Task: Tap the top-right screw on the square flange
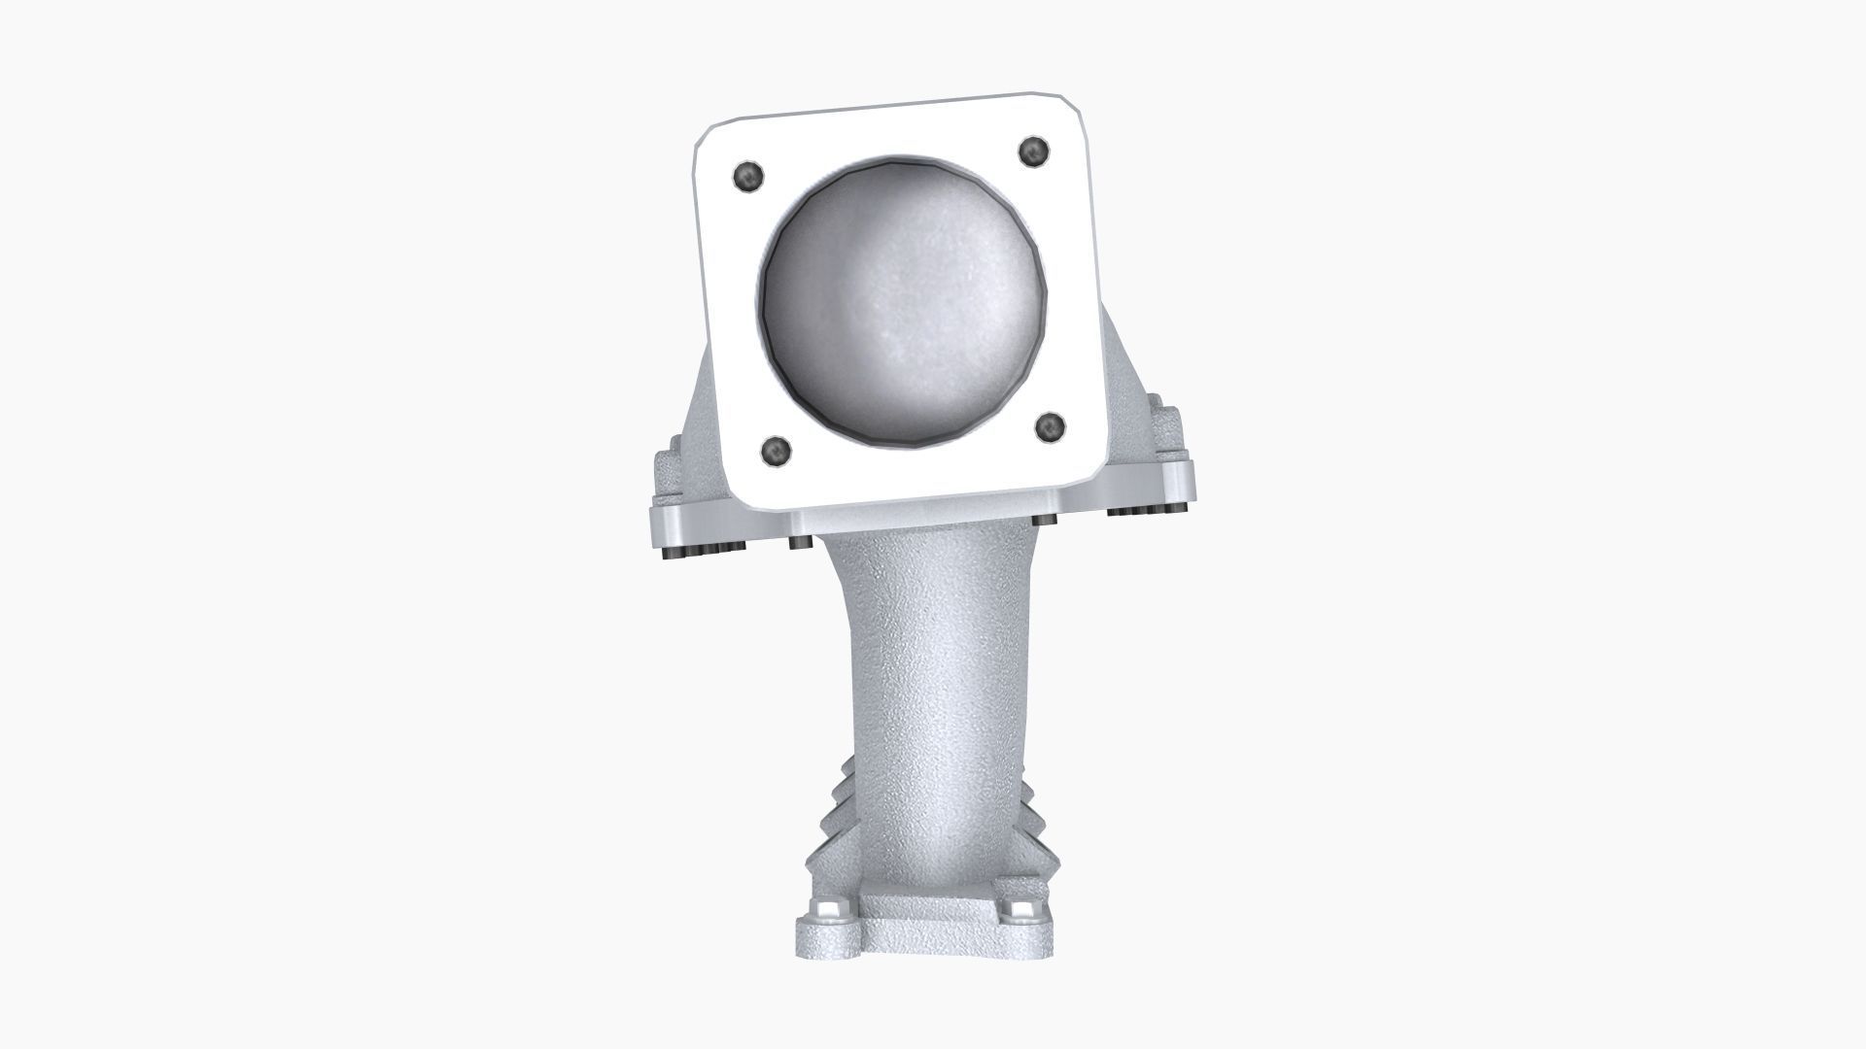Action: click(1032, 151)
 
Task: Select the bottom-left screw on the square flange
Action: click(775, 450)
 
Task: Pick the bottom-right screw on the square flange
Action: click(1050, 426)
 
